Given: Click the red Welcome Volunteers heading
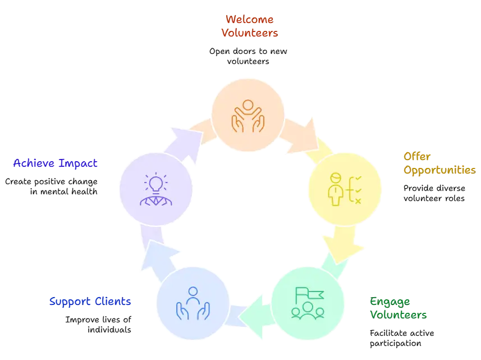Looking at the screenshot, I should [x=249, y=26].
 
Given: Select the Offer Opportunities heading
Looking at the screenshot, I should [x=439, y=163].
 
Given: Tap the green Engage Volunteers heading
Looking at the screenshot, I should [x=397, y=307].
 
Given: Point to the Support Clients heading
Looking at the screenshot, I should [x=91, y=301].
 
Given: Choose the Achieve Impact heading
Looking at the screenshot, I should [x=56, y=163].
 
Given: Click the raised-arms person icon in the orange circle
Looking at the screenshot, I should [x=248, y=116].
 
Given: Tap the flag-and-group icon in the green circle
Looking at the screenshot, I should [x=307, y=303].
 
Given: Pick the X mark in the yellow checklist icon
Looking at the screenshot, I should [x=358, y=200].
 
